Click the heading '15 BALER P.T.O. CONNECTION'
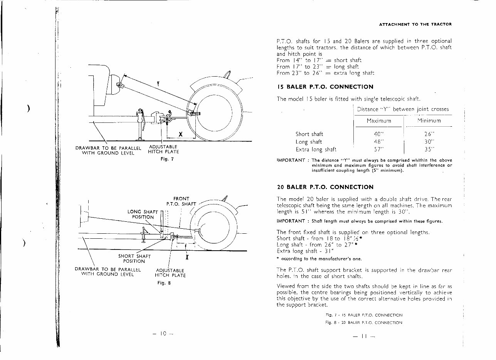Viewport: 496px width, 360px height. [x=325, y=87]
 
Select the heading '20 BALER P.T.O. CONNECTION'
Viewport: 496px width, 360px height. [x=325, y=187]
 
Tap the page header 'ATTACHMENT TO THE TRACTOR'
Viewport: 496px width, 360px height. [x=415, y=24]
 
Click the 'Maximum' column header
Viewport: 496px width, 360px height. [x=379, y=121]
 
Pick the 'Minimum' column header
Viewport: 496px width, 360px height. [x=429, y=121]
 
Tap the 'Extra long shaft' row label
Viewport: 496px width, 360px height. [x=316, y=149]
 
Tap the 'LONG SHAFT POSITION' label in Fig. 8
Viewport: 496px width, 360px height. [x=143, y=214]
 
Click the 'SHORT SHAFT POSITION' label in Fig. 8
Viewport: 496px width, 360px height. [x=134, y=258]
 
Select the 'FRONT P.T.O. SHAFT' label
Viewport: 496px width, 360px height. [x=181, y=201]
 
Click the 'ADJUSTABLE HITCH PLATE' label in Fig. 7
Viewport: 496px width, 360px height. [x=163, y=149]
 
